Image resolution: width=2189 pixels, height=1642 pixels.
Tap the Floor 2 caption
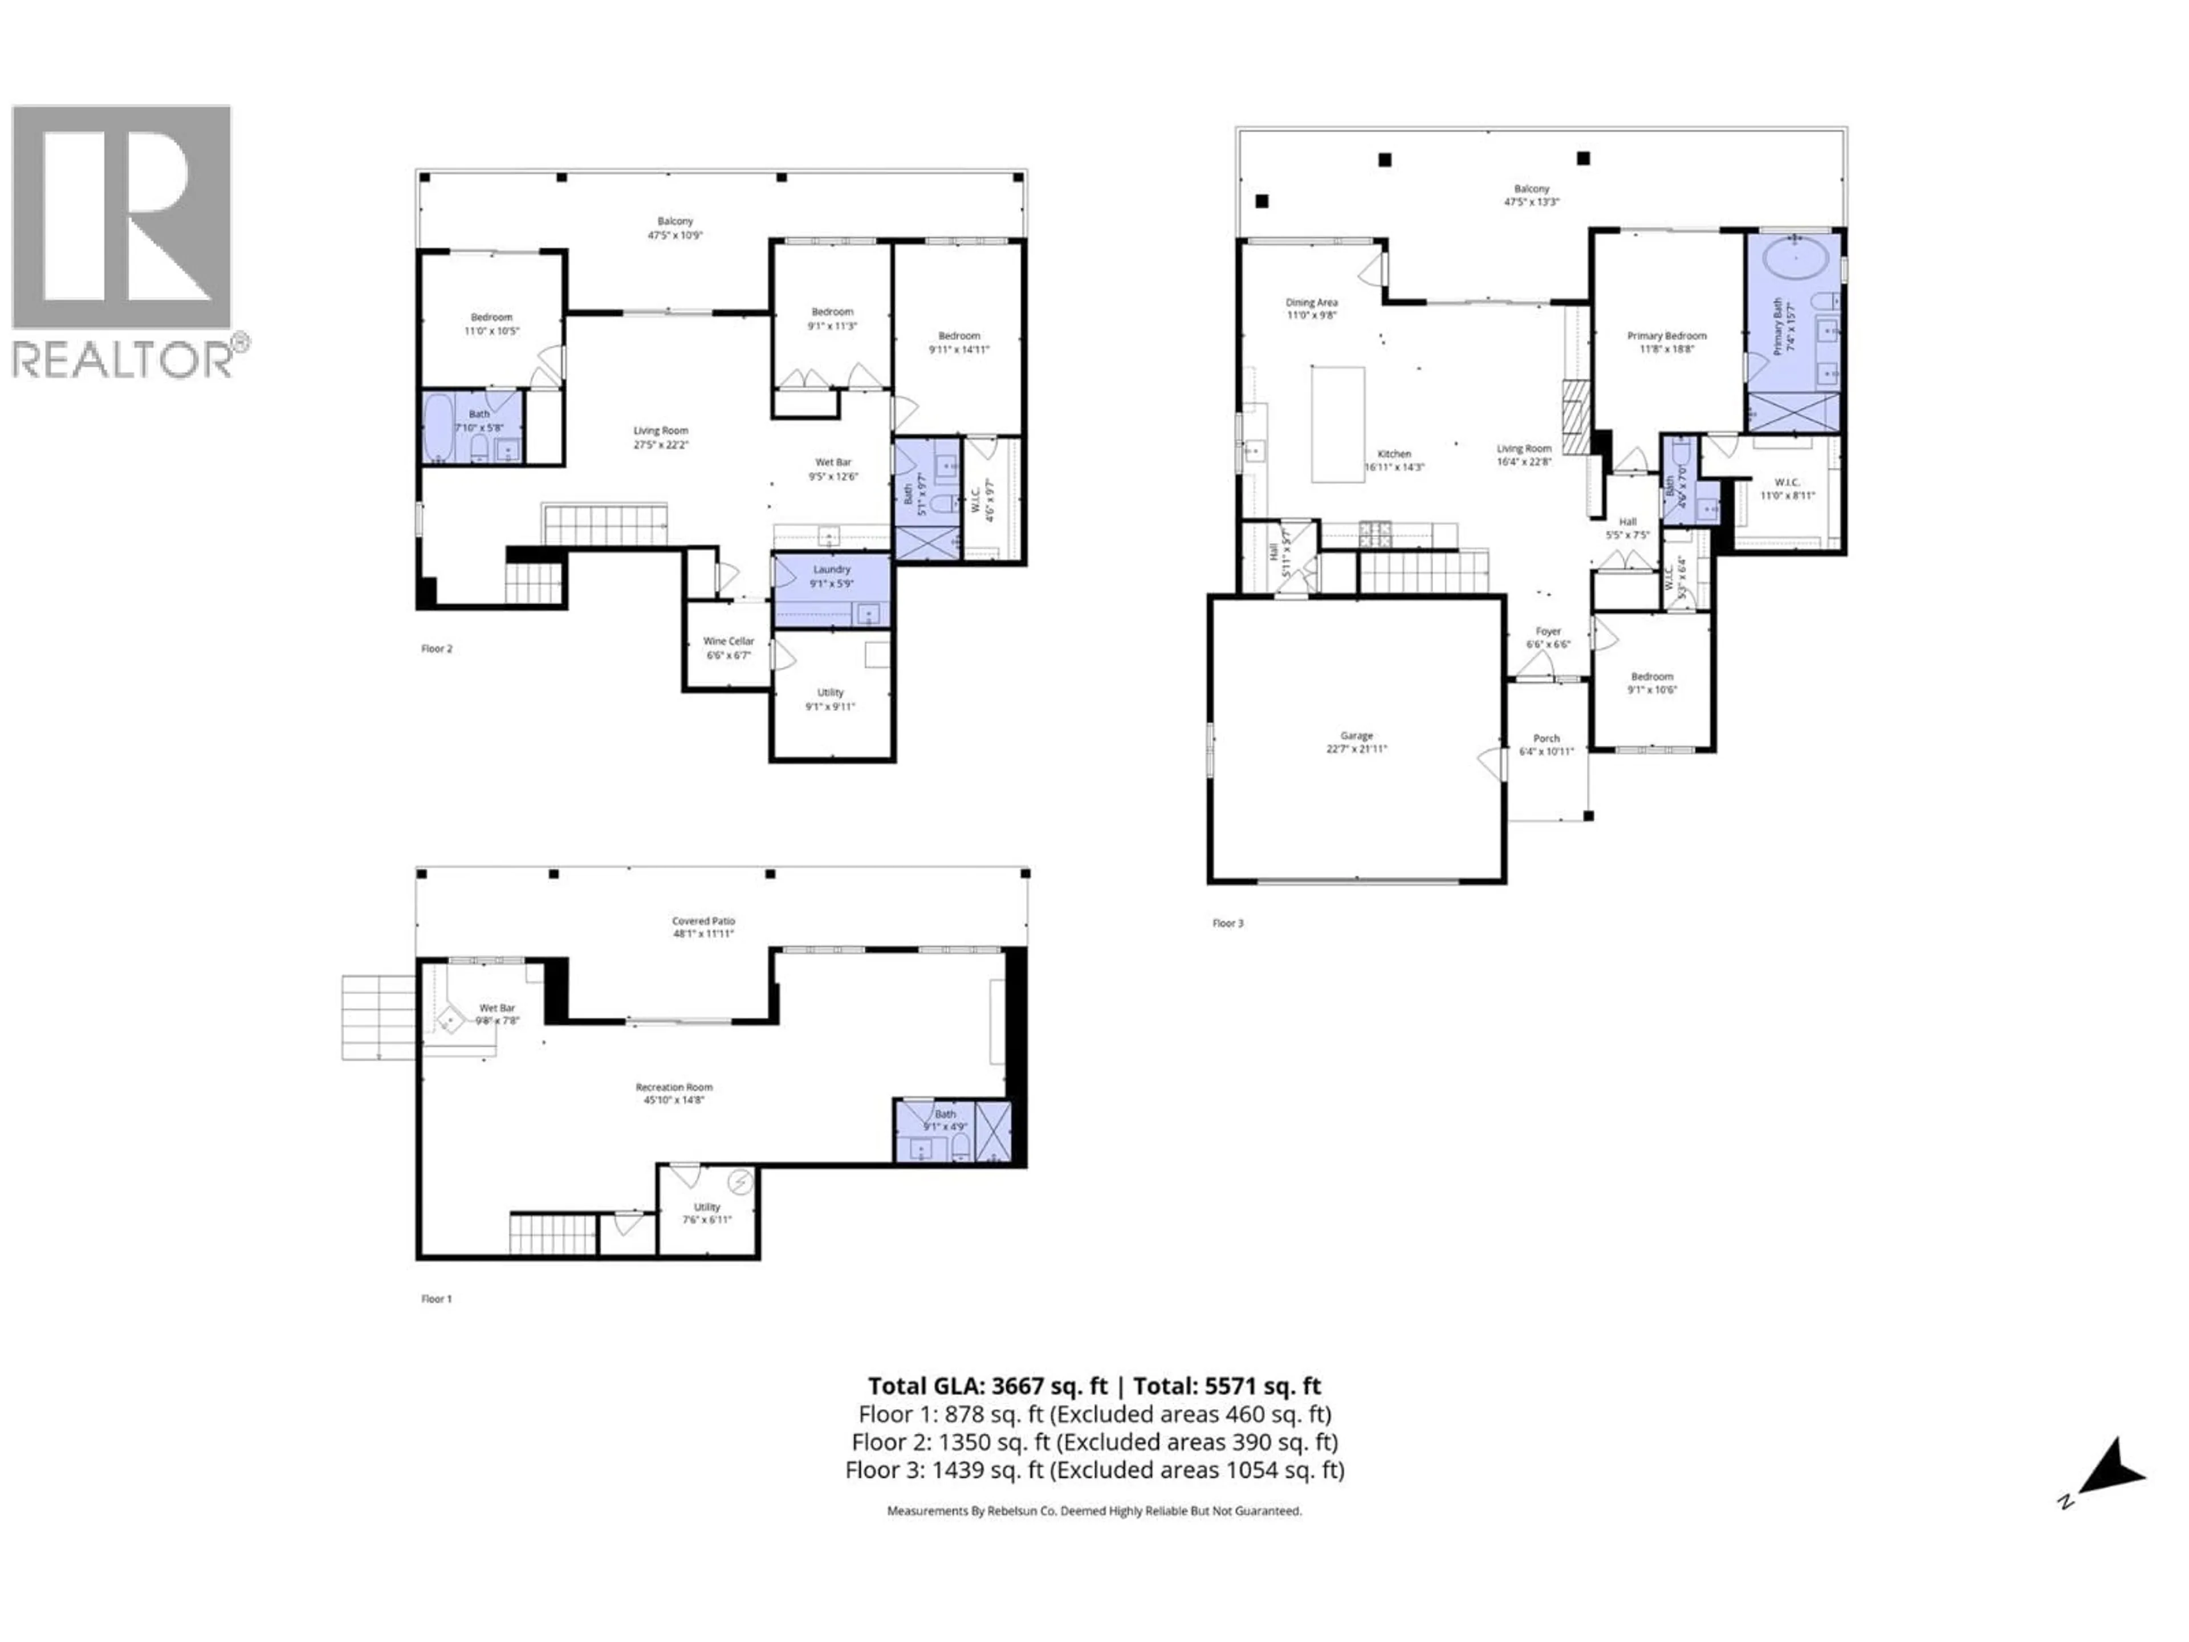(x=437, y=649)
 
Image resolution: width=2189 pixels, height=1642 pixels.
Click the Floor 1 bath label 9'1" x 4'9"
(x=945, y=1119)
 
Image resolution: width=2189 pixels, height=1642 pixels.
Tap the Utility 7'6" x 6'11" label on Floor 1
(x=706, y=1213)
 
